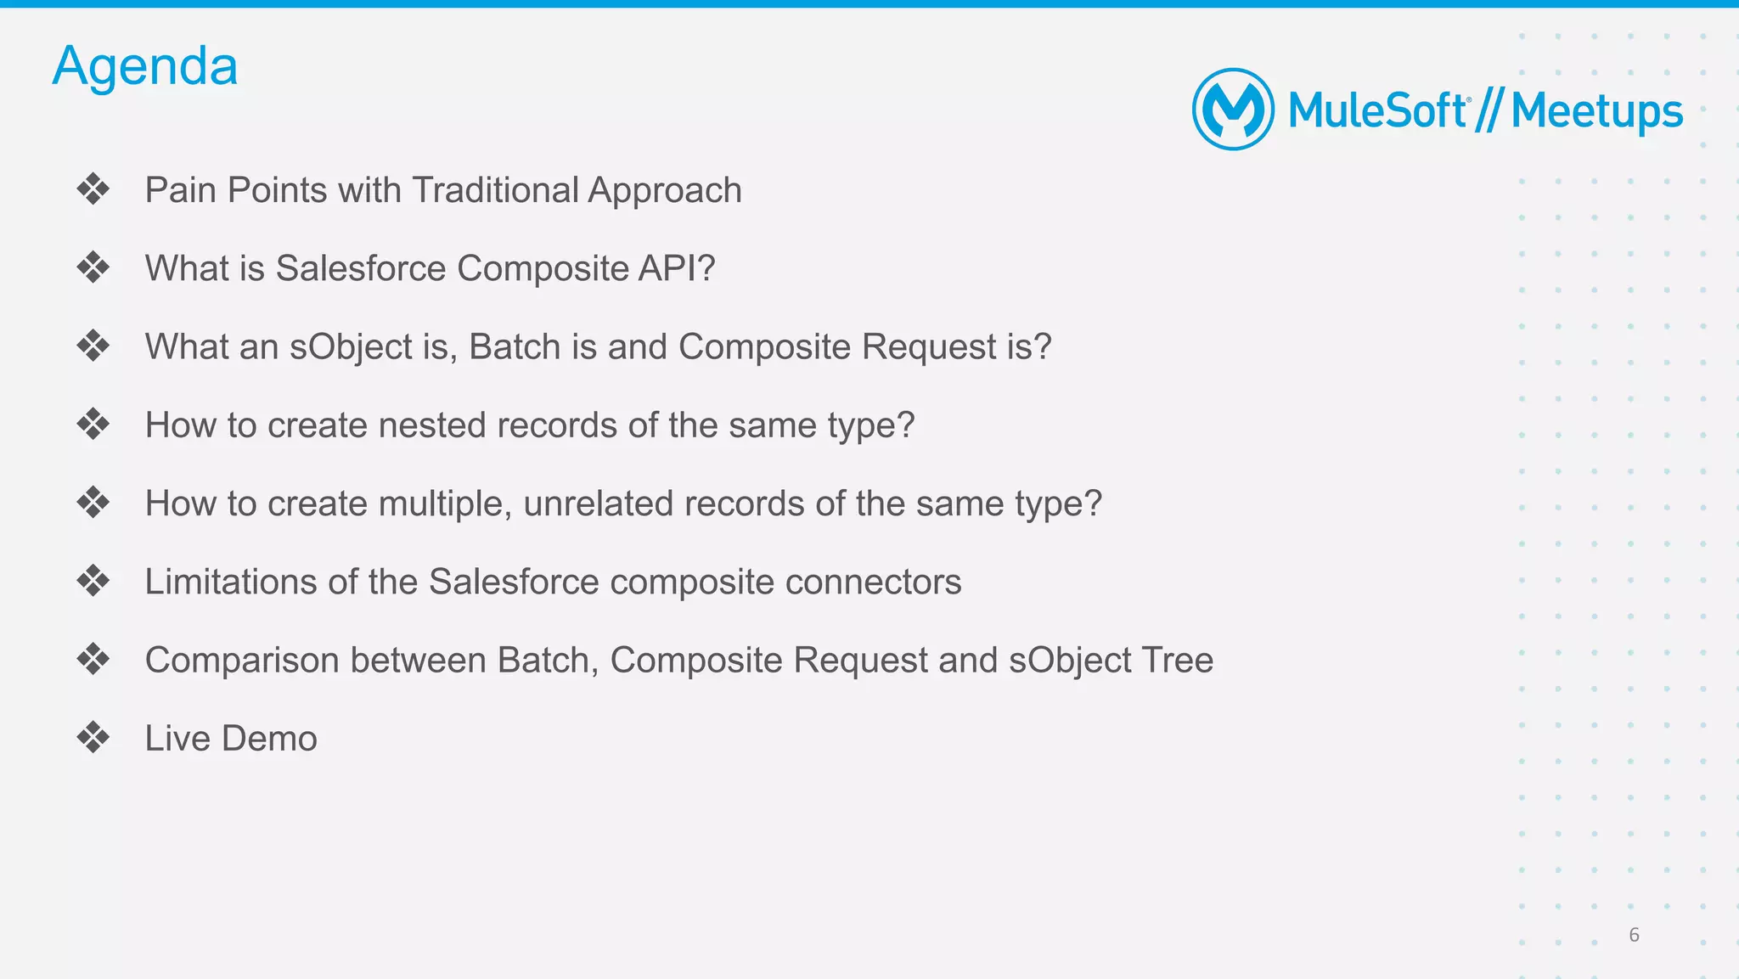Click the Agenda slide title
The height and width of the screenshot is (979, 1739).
tap(145, 66)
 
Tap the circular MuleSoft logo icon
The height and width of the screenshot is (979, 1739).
tap(1233, 110)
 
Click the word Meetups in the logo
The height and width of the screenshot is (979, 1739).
tap(1596, 112)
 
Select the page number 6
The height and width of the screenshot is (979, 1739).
tap(1634, 935)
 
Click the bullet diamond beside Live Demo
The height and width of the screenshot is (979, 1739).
tap(93, 737)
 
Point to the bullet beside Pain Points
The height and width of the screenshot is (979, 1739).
tap(93, 188)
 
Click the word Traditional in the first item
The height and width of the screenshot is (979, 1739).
tap(495, 190)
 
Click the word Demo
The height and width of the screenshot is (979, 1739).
tap(270, 739)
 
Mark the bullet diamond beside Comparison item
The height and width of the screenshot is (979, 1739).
tap(93, 659)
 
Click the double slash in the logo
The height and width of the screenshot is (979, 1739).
tap(1488, 111)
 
